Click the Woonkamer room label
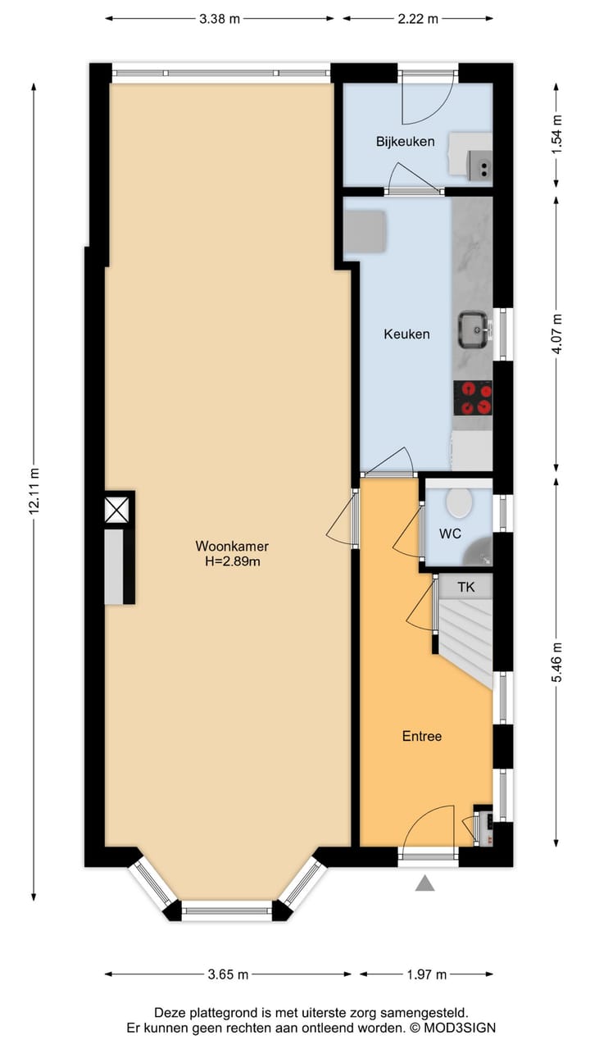(x=231, y=546)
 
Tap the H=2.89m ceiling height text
(x=231, y=561)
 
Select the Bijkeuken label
(x=405, y=142)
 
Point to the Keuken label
(x=406, y=334)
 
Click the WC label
(x=450, y=534)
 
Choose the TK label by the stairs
(x=465, y=587)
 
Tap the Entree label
(x=421, y=736)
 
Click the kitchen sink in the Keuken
(x=474, y=329)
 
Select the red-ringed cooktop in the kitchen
(x=474, y=398)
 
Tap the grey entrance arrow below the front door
(x=424, y=883)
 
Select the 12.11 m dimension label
(x=34, y=490)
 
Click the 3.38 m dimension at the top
(x=220, y=19)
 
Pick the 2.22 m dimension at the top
(x=418, y=19)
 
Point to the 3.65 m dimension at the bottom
(x=228, y=974)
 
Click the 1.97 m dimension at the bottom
(x=426, y=974)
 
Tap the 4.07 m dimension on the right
(x=558, y=334)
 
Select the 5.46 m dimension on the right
(x=558, y=662)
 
